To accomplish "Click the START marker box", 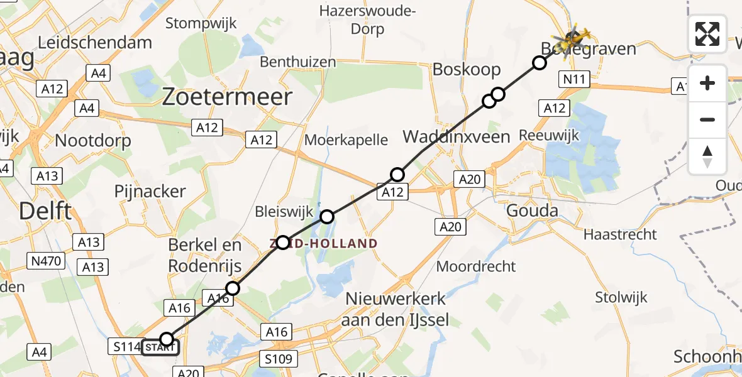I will click(x=160, y=347).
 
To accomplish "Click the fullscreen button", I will click(x=707, y=34).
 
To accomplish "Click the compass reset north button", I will click(x=707, y=156).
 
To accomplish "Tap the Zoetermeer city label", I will click(x=227, y=97).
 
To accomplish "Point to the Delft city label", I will click(x=45, y=211).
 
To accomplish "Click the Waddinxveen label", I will click(x=456, y=136).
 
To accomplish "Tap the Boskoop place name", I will click(x=467, y=69).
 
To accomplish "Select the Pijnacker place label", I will click(x=150, y=191).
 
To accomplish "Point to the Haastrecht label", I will click(x=620, y=234).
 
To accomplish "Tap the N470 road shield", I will click(x=46, y=260).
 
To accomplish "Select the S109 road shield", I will click(x=277, y=359).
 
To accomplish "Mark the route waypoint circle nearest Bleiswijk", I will click(x=327, y=217).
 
